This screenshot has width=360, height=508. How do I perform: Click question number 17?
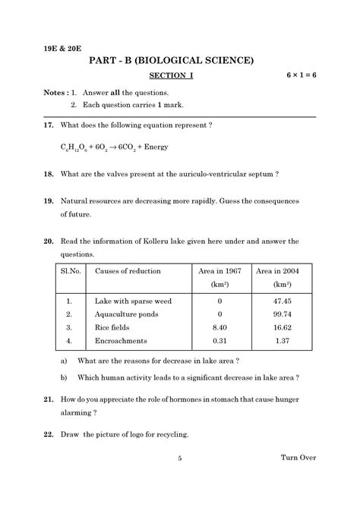48,125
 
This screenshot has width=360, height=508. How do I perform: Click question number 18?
48,174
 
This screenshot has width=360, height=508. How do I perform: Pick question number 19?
48,201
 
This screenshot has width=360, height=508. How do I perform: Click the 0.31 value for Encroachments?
219,341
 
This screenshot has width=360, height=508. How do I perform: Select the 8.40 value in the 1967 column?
219,327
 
